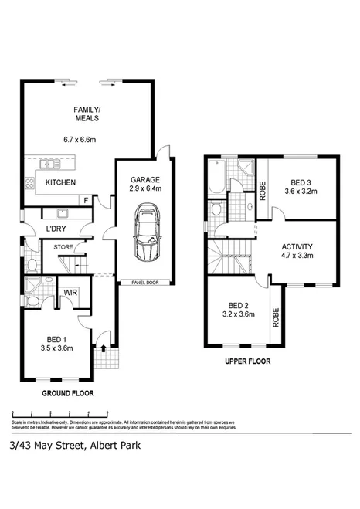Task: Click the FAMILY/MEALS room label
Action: pyautogui.click(x=85, y=114)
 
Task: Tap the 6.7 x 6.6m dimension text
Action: pyautogui.click(x=85, y=140)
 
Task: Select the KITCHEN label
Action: pyautogui.click(x=61, y=182)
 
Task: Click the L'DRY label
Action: pyautogui.click(x=56, y=229)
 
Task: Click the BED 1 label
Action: pyautogui.click(x=56, y=337)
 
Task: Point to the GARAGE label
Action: pyautogui.click(x=144, y=179)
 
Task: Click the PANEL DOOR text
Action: pyautogui.click(x=144, y=283)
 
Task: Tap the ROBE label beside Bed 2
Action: pyautogui.click(x=275, y=316)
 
